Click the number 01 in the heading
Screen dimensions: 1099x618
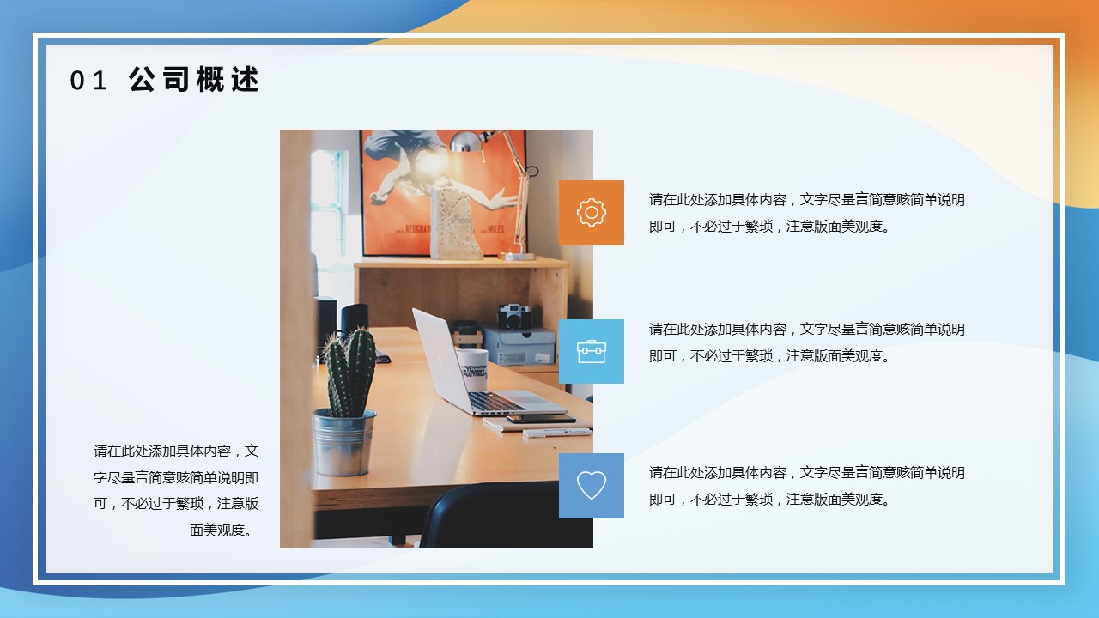point(88,81)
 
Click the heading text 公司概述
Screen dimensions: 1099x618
point(194,80)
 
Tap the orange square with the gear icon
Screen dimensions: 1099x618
point(592,212)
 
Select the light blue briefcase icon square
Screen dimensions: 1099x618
point(592,351)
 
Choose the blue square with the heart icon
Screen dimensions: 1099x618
point(592,486)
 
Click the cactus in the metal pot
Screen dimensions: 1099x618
point(349,373)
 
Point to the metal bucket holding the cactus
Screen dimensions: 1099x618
point(343,442)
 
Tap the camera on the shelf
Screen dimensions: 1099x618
point(514,317)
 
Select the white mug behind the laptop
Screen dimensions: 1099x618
point(472,369)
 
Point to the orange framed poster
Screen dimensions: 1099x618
point(443,192)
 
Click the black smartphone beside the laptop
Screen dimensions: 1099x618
point(541,420)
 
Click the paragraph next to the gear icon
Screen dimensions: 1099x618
point(806,213)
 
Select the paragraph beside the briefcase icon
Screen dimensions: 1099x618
point(806,342)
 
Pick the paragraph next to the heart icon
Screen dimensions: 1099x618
point(806,486)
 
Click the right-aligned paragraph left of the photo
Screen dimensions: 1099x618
point(176,490)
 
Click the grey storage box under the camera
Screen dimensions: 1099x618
point(520,346)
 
